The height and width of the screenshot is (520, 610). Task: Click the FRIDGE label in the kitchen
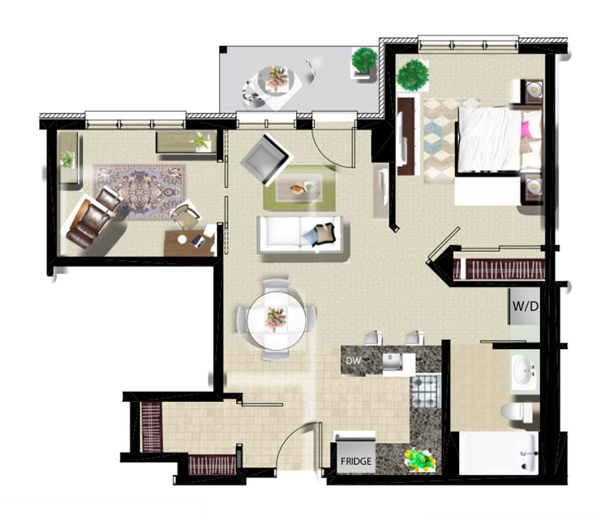[356, 461]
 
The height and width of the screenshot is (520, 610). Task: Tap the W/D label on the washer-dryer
[525, 306]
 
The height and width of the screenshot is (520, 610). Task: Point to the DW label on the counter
[353, 361]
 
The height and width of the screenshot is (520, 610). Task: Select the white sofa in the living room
[300, 235]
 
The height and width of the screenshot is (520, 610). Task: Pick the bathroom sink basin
[525, 370]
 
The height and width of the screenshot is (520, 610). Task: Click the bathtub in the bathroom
[498, 453]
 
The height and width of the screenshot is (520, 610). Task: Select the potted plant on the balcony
[365, 60]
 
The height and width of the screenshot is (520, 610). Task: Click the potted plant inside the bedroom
[413, 75]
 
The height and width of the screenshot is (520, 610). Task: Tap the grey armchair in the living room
[267, 159]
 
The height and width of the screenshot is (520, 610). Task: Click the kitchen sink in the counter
[392, 363]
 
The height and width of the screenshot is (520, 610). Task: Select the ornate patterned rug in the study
[139, 193]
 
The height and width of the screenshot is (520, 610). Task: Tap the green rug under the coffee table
[299, 188]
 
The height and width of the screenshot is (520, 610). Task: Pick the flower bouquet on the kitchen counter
[420, 461]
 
